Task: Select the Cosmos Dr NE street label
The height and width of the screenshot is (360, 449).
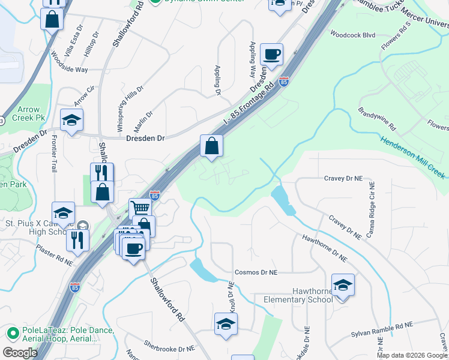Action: [256, 272]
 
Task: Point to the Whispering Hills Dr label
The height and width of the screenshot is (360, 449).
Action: [130, 109]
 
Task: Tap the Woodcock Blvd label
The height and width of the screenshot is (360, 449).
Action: [352, 35]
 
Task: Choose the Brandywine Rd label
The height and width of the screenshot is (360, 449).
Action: [378, 119]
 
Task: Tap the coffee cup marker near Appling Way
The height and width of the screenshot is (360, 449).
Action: [271, 55]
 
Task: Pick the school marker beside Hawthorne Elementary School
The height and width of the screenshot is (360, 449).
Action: [343, 285]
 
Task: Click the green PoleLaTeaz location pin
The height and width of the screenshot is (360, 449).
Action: [12, 332]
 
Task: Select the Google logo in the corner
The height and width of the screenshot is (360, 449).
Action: [20, 352]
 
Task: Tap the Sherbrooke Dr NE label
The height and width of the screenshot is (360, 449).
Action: [169, 346]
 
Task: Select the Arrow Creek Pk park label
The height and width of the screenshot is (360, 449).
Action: [28, 114]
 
